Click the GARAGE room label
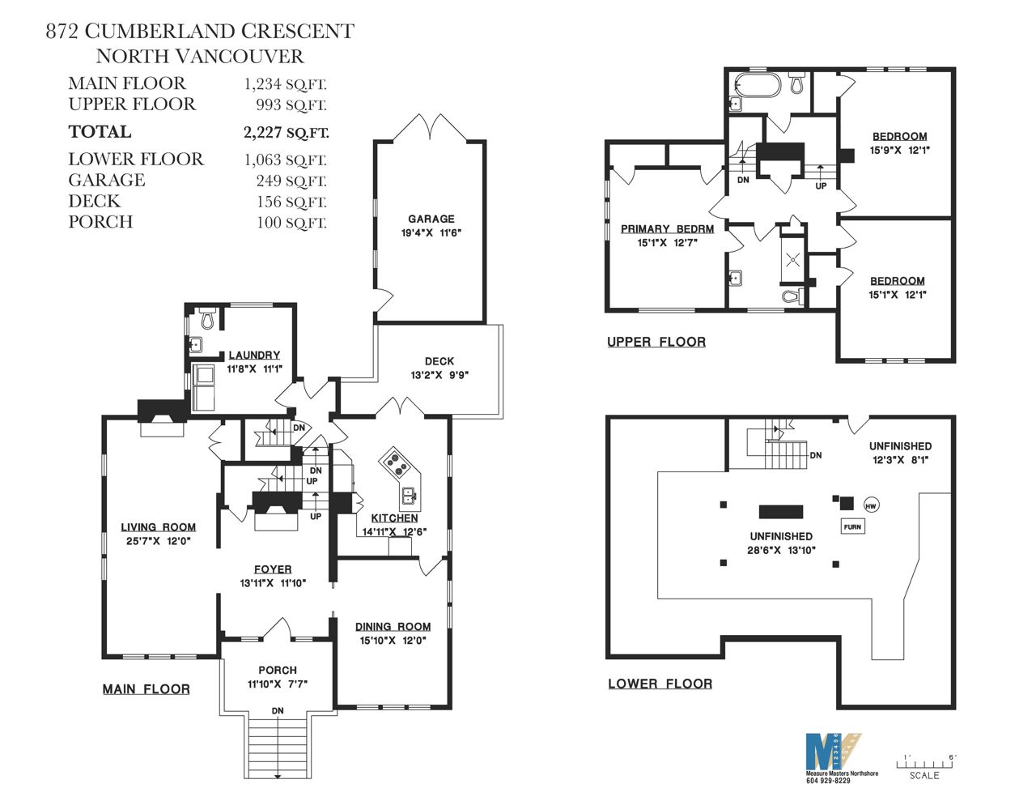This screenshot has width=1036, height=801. pos(431,219)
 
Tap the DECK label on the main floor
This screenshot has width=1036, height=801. pos(439,361)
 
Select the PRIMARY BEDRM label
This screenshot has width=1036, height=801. pos(667,229)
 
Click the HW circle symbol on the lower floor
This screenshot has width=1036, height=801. pos(871,506)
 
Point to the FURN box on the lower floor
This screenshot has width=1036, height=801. pos(852,526)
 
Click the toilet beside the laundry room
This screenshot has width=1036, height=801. pos(207,317)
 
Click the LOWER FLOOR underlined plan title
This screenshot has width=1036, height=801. pos(660,684)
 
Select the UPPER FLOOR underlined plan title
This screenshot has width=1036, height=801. pos(656,342)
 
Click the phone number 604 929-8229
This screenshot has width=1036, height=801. pos(828,781)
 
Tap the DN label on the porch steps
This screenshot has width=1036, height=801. pos(278,711)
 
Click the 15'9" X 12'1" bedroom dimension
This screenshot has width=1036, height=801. pos(900,151)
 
